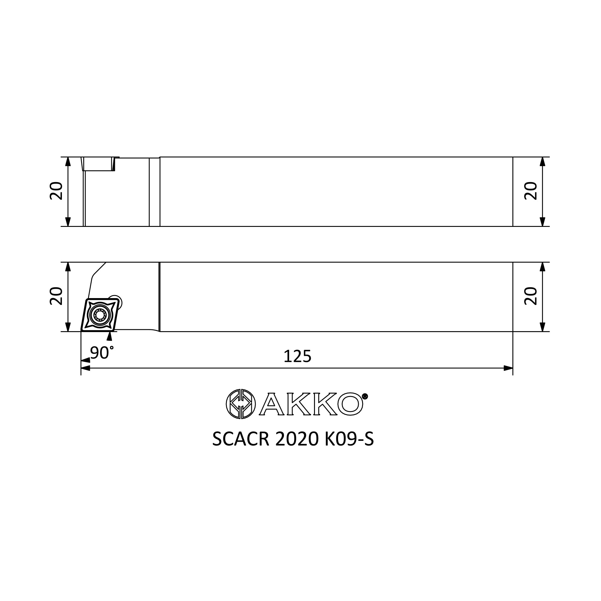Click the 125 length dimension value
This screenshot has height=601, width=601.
pos(297,356)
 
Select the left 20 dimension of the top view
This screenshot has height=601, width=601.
pos(56,191)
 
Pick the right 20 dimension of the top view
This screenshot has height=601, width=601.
pos(531,191)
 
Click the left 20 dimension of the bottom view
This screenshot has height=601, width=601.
pos(56,296)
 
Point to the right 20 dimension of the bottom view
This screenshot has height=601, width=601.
pos(531,296)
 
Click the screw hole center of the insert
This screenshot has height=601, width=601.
pos(100,316)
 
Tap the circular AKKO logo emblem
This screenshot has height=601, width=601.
pos(241,404)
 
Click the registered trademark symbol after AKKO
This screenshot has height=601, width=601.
pos(365,396)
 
